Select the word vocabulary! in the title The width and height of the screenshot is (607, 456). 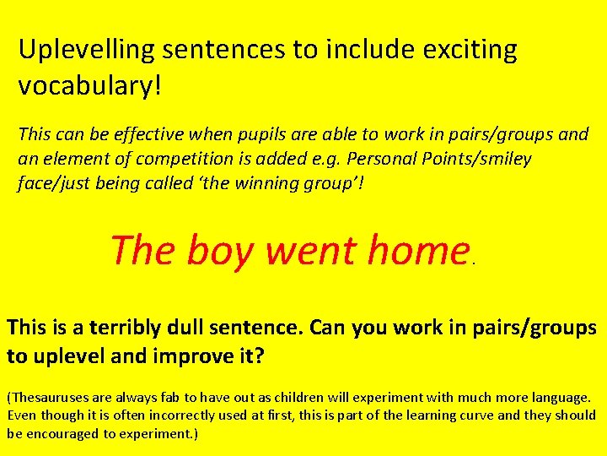pyautogui.click(x=89, y=87)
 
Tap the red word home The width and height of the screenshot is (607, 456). pyautogui.click(x=417, y=251)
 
